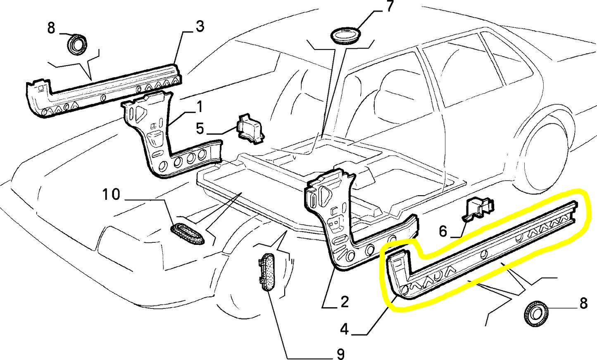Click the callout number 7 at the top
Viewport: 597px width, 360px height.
(x=390, y=7)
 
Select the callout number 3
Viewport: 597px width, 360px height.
(x=200, y=27)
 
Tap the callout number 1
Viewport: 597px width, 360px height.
(x=200, y=107)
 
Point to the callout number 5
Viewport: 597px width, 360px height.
(x=200, y=128)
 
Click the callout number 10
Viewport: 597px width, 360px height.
(x=111, y=194)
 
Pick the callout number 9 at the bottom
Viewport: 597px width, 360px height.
(x=340, y=353)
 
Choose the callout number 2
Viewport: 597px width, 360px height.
(x=345, y=302)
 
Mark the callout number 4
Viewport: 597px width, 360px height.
(x=345, y=329)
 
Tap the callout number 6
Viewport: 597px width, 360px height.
(x=443, y=231)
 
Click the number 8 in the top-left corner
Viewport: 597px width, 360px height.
(x=51, y=28)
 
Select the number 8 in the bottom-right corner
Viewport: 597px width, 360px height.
(x=583, y=303)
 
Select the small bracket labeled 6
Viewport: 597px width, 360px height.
(x=479, y=207)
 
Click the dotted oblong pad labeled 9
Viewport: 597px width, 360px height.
(x=269, y=272)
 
